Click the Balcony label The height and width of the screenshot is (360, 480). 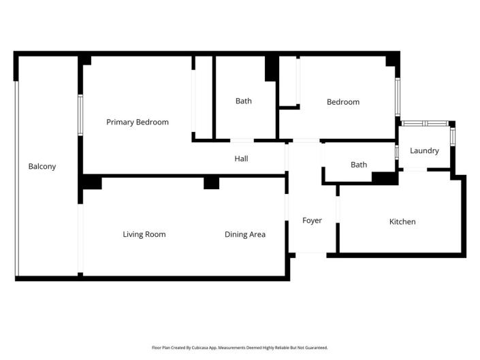(x=42, y=167)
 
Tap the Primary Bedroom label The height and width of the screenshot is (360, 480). (x=138, y=122)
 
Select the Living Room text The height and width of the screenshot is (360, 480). (x=144, y=235)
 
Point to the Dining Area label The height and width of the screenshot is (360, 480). (x=245, y=235)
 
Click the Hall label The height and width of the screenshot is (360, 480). (x=241, y=159)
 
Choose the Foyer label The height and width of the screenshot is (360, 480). (x=312, y=220)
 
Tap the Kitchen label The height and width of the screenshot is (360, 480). (x=402, y=222)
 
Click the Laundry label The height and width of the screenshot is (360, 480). (x=424, y=151)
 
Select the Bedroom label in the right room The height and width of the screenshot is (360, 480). (x=343, y=102)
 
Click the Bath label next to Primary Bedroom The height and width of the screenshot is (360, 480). (x=244, y=101)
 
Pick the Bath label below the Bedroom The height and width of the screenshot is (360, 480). (x=359, y=165)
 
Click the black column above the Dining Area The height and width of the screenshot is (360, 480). (x=212, y=183)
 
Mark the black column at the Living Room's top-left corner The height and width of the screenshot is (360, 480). (x=92, y=182)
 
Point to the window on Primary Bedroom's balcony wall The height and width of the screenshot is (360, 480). (x=80, y=115)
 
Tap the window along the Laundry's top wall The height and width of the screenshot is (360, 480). (x=424, y=124)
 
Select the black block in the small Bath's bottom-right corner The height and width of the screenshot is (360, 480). (x=385, y=178)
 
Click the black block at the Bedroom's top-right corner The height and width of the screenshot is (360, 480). (x=392, y=61)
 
